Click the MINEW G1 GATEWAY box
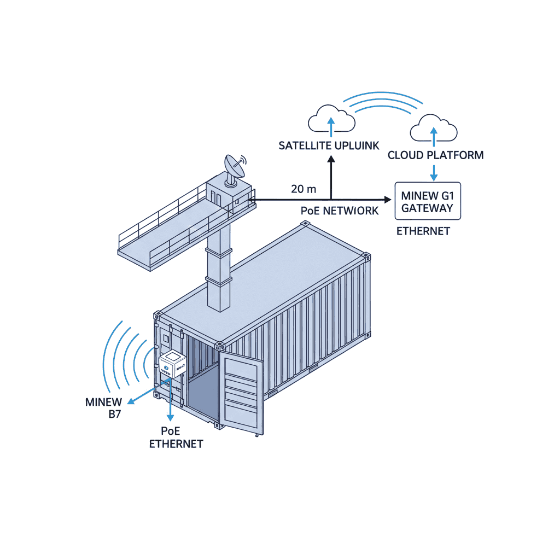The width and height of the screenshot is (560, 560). (x=428, y=201)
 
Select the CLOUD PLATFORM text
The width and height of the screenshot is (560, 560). (x=435, y=155)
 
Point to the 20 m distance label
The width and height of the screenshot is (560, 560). (x=304, y=189)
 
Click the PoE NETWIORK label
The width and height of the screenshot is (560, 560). (x=339, y=211)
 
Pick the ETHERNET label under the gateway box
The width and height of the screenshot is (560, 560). (x=423, y=231)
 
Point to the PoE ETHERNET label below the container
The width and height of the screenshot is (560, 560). (x=176, y=437)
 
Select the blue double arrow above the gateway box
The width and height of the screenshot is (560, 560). (x=434, y=170)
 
